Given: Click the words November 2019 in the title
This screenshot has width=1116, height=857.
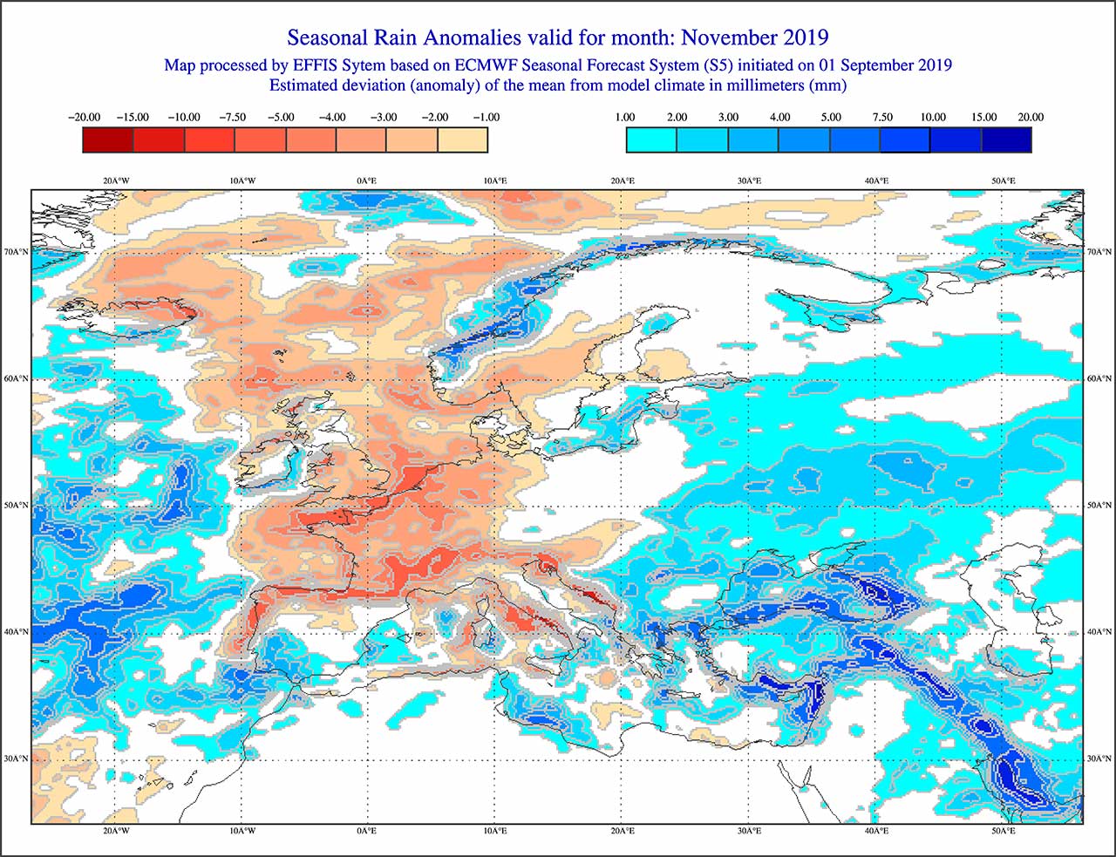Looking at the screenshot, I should pyautogui.click(x=754, y=37).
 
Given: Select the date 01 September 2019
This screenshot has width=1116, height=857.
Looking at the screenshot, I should pyautogui.click(x=885, y=65).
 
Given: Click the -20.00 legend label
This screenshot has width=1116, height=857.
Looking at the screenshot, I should pyautogui.click(x=84, y=117).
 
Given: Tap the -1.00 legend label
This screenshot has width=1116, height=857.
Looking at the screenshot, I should pyautogui.click(x=486, y=117).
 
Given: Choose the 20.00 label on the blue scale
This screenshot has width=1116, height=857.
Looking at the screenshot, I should pyautogui.click(x=1030, y=117).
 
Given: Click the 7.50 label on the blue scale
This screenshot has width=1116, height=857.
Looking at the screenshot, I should pyautogui.click(x=882, y=117).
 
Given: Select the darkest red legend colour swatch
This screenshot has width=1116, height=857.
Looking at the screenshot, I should pyautogui.click(x=108, y=139).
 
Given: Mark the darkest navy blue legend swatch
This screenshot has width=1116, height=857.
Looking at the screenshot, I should pyautogui.click(x=1007, y=139).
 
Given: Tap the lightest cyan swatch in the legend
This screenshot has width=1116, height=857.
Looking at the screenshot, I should pyautogui.click(x=651, y=139).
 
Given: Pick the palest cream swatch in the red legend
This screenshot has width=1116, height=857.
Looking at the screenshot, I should pyautogui.click(x=463, y=139).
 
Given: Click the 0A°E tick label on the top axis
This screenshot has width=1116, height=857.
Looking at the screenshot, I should pyautogui.click(x=367, y=180).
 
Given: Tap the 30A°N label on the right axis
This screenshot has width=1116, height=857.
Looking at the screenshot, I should pyautogui.click(x=1099, y=758).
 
